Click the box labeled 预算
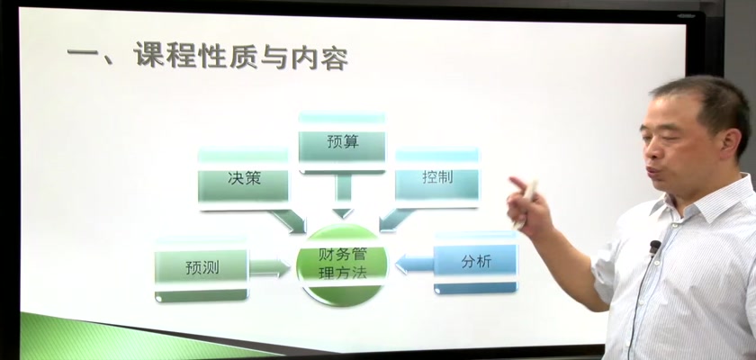[342, 143]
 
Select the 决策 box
[244, 179]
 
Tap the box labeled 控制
[437, 177]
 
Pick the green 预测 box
[202, 268]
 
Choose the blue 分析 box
[476, 262]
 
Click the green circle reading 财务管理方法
[343, 265]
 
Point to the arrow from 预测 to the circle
[269, 267]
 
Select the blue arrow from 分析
[414, 264]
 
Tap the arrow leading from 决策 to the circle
[288, 221]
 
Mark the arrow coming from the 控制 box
[396, 220]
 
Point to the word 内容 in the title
[319, 58]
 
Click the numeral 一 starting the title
[83, 52]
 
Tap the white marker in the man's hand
[526, 203]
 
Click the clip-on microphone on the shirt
[654, 247]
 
